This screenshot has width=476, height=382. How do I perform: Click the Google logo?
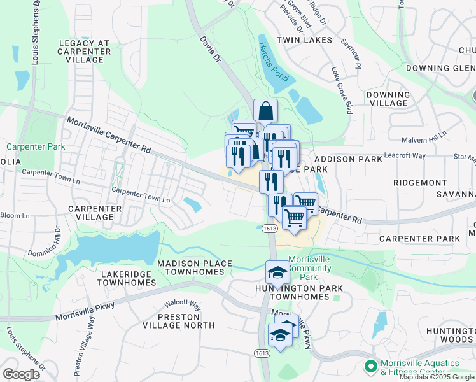tap(21, 374)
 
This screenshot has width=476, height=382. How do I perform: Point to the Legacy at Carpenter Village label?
tap(84, 51)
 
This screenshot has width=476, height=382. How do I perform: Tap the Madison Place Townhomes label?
tap(190, 267)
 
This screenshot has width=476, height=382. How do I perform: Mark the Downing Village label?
tap(388, 99)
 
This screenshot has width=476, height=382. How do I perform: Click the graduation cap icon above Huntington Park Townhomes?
tap(277, 272)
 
